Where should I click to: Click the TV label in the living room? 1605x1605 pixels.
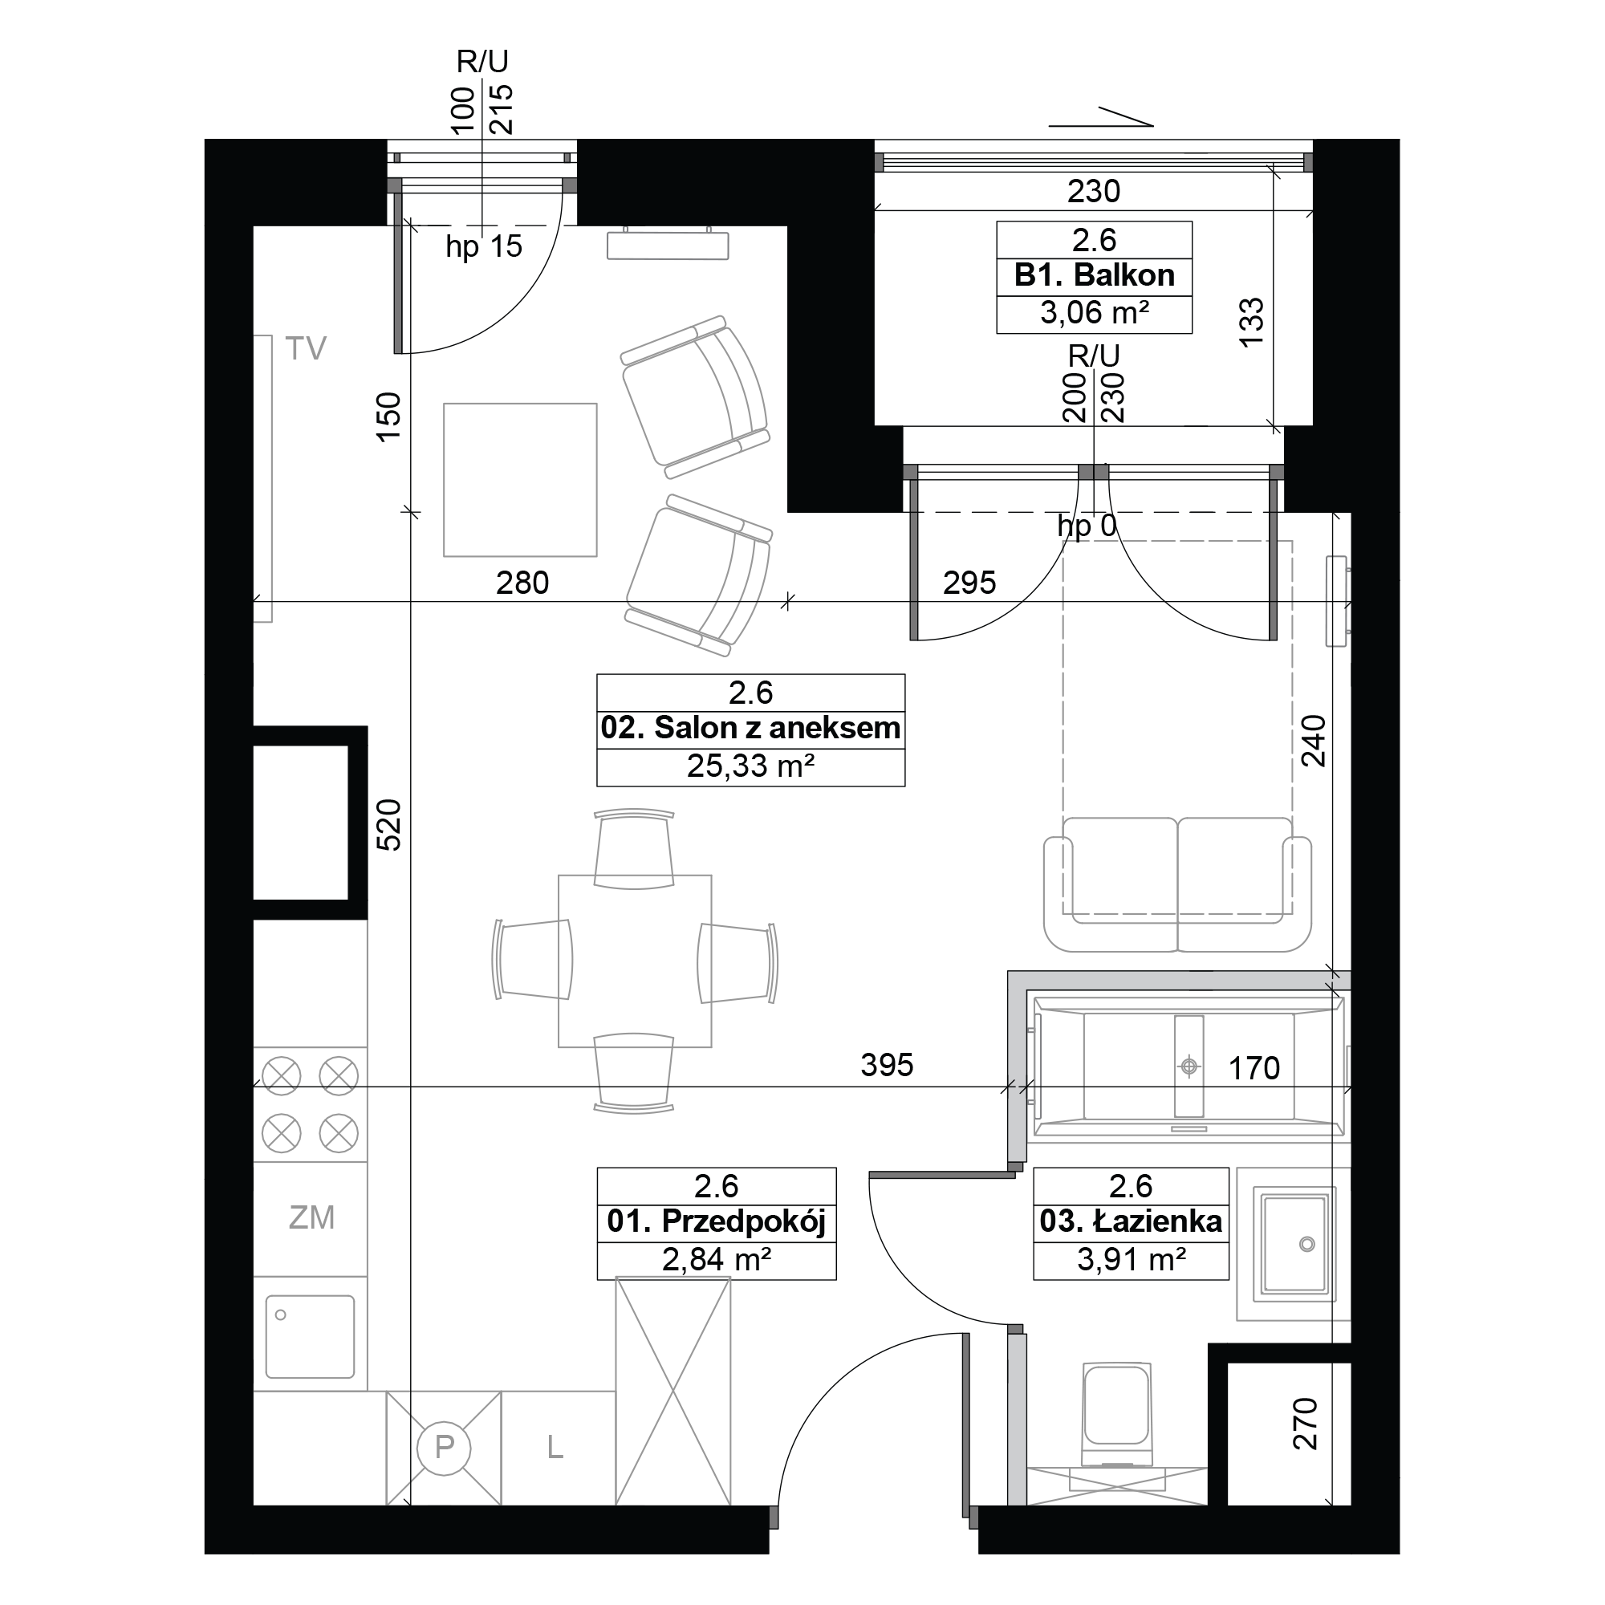[x=306, y=349]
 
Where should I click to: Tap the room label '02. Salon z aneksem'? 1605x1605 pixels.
[x=750, y=728]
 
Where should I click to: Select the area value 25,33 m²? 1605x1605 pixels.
[x=750, y=766]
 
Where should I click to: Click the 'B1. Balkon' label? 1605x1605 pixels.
[x=1094, y=275]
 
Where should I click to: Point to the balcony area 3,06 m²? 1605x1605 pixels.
[x=1094, y=313]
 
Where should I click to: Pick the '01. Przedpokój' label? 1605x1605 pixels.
[x=716, y=1222]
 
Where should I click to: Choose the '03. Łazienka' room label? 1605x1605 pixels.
[x=1131, y=1221]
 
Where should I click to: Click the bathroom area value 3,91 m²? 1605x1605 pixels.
[x=1131, y=1259]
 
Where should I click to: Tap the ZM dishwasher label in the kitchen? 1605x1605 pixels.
[x=311, y=1218]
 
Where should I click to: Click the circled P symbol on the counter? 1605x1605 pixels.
[x=444, y=1447]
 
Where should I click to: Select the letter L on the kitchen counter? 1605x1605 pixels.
[x=555, y=1448]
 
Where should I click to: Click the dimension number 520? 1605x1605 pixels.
[x=388, y=825]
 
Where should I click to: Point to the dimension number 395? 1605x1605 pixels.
[x=887, y=1065]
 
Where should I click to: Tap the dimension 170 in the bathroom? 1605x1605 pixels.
[x=1254, y=1068]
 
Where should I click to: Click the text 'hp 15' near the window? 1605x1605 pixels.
[x=483, y=246]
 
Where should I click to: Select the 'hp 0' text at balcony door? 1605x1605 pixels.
[x=1087, y=526]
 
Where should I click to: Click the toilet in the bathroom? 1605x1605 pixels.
[x=1117, y=1415]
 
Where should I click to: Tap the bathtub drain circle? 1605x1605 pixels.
[x=1189, y=1066]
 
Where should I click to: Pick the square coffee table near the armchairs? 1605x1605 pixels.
[x=520, y=480]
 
